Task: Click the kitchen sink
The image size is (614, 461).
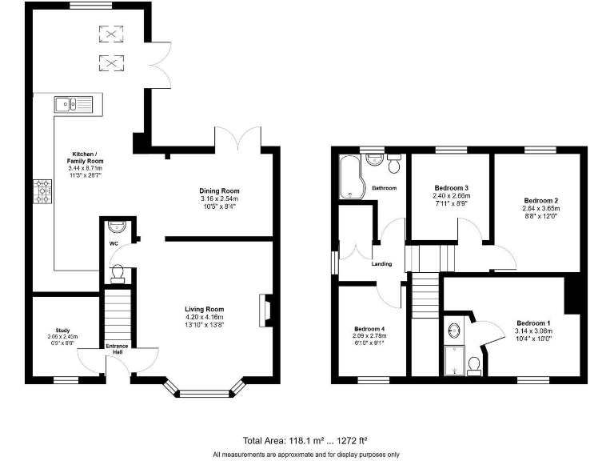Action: pos(73,103)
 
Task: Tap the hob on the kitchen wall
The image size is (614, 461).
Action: pos(42,191)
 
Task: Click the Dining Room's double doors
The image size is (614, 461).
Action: pos(237,136)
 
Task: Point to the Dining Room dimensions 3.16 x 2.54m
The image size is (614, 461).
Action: pos(219,198)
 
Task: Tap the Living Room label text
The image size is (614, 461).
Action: pos(204,309)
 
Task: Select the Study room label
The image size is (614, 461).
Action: pos(63,329)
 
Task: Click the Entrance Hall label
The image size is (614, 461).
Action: pos(118,349)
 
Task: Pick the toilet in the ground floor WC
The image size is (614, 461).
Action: pos(118,274)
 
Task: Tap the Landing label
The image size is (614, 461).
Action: pos(382,264)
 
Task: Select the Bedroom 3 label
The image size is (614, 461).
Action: pos(451,187)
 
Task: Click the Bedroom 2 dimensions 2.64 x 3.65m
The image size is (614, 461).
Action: pos(540,209)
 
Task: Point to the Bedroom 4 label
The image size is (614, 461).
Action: pos(370,328)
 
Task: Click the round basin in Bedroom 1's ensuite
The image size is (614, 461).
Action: pos(455,329)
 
